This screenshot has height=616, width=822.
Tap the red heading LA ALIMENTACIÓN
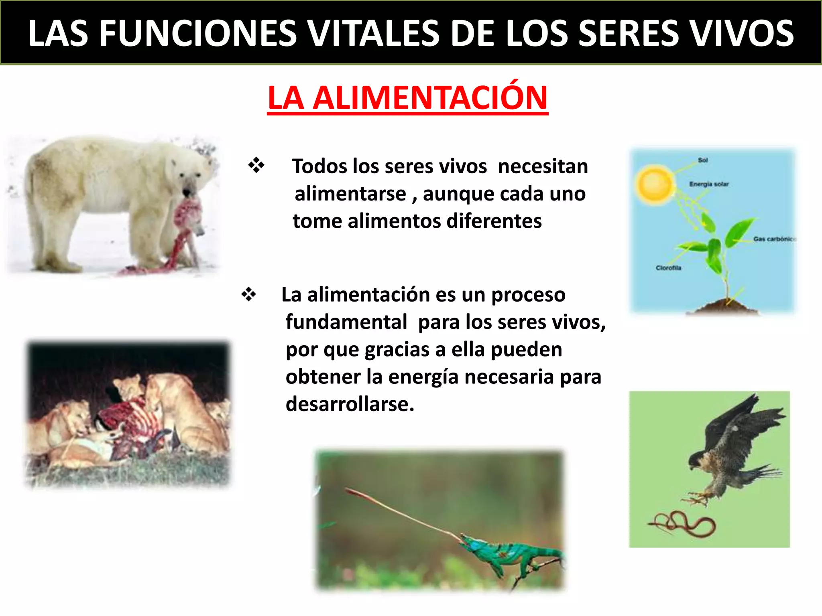pos(407,98)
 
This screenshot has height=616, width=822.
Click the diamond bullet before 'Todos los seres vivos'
pos(256,165)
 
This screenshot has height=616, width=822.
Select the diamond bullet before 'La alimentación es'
pos(248,294)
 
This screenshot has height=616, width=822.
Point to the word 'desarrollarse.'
pos(350,404)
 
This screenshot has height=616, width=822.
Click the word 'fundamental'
pos(346,322)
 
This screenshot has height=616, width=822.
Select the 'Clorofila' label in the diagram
pos(668,268)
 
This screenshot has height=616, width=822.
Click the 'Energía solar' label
pos(709,184)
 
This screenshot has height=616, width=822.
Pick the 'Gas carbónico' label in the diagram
pos(774,239)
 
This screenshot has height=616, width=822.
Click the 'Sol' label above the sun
pos(703,160)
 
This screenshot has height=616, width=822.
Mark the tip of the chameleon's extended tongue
pos(348,490)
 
